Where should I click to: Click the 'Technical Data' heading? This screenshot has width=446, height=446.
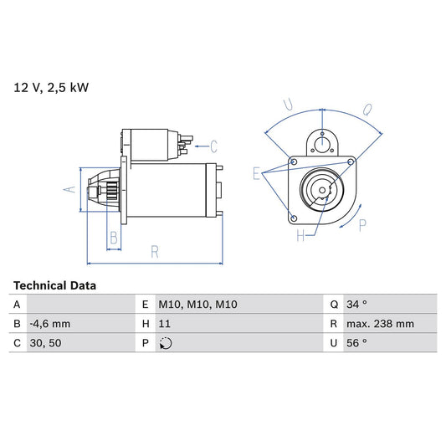[x=54, y=285]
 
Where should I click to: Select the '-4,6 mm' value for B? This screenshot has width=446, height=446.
[x=50, y=324]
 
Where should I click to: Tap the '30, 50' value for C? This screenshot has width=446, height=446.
[x=45, y=343]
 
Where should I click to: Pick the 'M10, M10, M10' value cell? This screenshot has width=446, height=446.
[x=197, y=305]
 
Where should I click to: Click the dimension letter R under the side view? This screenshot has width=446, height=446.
[x=155, y=249]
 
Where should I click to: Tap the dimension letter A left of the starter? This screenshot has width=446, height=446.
[x=70, y=189]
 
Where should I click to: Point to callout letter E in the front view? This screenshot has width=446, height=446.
[x=257, y=174]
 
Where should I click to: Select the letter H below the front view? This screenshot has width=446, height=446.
[x=300, y=237]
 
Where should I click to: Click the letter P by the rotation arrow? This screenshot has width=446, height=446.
[x=362, y=224]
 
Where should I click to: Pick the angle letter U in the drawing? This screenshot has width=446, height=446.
[x=287, y=105]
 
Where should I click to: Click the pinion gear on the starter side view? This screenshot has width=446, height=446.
[x=105, y=190]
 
